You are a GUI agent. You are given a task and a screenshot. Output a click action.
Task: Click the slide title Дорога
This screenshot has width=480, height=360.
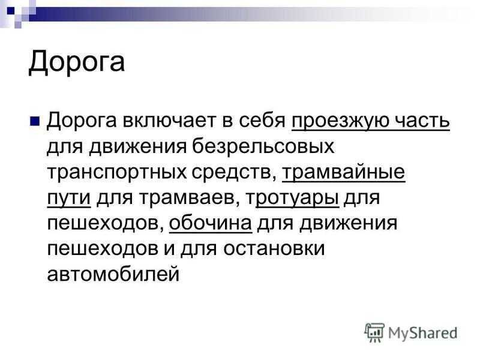[x=77, y=62]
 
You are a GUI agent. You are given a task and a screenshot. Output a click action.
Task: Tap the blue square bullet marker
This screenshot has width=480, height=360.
[x=35, y=121]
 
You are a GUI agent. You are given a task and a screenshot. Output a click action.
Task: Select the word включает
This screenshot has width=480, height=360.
[x=169, y=121]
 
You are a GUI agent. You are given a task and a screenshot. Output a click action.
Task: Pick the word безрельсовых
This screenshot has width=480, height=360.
[x=263, y=147]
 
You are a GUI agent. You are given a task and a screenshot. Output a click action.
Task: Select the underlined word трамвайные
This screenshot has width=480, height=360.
[x=343, y=172]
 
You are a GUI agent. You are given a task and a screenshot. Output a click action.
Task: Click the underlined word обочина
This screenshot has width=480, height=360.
[x=211, y=223]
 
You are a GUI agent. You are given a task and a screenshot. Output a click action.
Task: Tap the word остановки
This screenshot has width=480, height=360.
[x=274, y=248]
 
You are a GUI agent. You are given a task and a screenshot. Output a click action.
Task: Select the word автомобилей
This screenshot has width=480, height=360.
[x=113, y=274]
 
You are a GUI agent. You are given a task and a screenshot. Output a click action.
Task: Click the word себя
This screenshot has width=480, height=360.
[x=262, y=121]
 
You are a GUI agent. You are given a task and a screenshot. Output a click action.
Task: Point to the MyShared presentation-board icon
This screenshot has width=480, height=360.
[x=374, y=332]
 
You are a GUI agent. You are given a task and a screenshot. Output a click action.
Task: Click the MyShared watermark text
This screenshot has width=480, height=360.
[x=423, y=333]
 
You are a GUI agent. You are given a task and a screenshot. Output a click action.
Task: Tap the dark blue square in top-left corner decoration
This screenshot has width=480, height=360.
[x=11, y=11]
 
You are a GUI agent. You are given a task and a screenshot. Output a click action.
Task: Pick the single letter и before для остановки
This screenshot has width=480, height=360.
[x=169, y=249]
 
